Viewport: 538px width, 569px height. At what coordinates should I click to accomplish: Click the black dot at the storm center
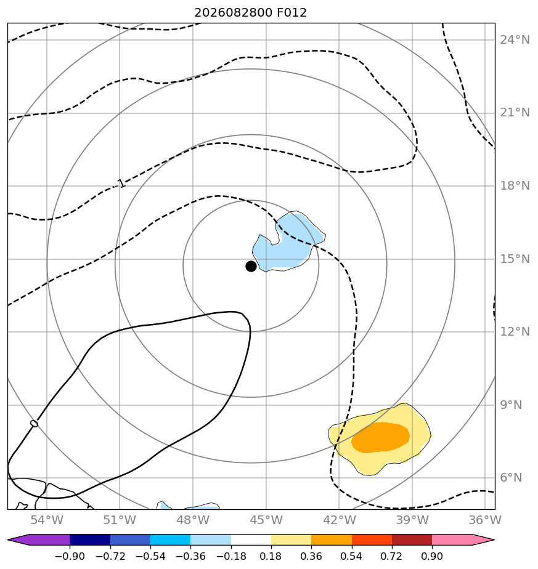(x=251, y=267)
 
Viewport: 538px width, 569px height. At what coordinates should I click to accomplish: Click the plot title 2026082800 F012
(x=250, y=13)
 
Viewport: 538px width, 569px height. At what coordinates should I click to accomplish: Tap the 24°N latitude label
(x=515, y=39)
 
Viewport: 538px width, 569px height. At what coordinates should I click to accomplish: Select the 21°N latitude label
(x=515, y=113)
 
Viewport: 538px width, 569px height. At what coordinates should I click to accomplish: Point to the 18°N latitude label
(x=515, y=185)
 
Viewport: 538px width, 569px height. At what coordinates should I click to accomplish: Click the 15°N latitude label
(x=515, y=259)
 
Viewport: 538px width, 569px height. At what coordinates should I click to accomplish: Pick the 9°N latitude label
(x=511, y=405)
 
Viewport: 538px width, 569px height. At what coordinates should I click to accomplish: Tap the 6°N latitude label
(x=511, y=478)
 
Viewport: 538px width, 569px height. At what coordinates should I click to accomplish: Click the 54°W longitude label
(x=47, y=520)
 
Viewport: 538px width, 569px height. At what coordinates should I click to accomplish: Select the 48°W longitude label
(x=193, y=520)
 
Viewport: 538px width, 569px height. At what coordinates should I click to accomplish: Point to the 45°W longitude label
(x=266, y=520)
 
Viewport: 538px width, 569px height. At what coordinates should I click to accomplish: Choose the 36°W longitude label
(x=485, y=520)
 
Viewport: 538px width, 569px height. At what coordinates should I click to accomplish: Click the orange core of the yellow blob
(x=380, y=437)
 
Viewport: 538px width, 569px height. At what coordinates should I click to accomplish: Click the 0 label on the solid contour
(x=34, y=424)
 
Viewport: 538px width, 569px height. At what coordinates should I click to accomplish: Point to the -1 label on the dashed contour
(x=121, y=184)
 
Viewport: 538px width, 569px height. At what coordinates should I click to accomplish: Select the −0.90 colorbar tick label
(x=70, y=556)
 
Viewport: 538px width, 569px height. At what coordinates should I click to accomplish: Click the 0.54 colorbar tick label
(x=352, y=556)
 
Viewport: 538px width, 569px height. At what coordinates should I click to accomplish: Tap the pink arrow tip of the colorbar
(x=493, y=540)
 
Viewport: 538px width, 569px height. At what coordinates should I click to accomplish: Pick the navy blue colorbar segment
(x=90, y=540)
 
